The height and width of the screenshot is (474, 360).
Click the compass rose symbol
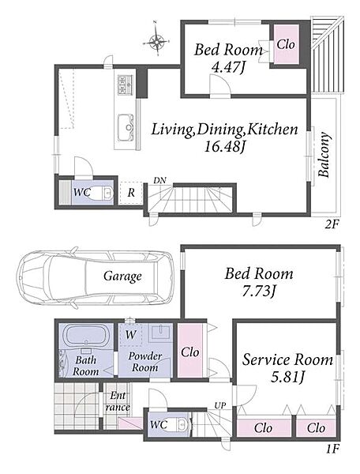pyautogui.click(x=156, y=40)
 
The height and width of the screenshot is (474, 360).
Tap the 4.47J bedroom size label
pyautogui.click(x=228, y=67)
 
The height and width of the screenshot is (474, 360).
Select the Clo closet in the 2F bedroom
pyautogui.click(x=286, y=44)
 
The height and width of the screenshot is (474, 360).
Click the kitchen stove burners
pyautogui.click(x=126, y=85)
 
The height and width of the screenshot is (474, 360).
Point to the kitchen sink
pyautogui.click(x=126, y=127)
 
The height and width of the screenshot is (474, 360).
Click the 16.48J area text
pyautogui.click(x=224, y=147)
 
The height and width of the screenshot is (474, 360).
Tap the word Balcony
pyautogui.click(x=324, y=155)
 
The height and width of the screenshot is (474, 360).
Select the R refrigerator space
pyautogui.click(x=131, y=193)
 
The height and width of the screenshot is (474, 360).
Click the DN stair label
pyautogui.click(x=159, y=180)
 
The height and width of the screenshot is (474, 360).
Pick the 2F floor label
pyautogui.click(x=332, y=224)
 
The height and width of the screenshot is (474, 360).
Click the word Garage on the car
pyautogui.click(x=122, y=276)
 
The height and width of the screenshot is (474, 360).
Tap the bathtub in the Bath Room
pyautogui.click(x=86, y=336)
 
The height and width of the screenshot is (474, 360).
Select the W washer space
pyautogui.click(x=130, y=335)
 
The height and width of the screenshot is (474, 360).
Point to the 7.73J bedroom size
pyautogui.click(x=259, y=292)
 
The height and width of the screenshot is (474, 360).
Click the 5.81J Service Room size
pyautogui.click(x=287, y=377)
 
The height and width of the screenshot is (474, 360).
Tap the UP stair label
pyautogui.click(x=219, y=405)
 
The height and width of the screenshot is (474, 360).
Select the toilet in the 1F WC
pyautogui.click(x=182, y=423)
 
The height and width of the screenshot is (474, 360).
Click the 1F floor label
pyautogui.click(x=332, y=449)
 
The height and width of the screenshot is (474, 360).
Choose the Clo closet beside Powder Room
pyautogui.click(x=189, y=351)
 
